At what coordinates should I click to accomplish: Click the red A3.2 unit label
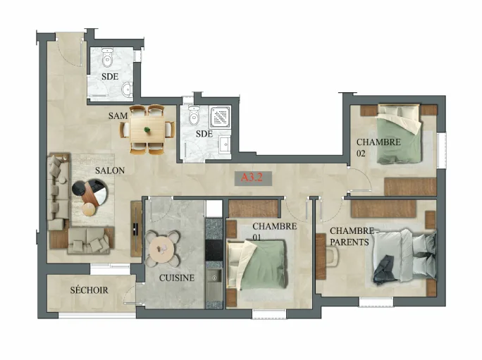(x=252, y=178)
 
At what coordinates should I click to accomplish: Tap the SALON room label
(x=110, y=170)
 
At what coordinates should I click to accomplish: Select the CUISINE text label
(x=177, y=278)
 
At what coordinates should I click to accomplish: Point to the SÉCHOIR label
(x=89, y=290)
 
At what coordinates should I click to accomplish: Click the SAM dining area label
(x=118, y=116)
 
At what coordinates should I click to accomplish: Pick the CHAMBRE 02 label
(x=378, y=147)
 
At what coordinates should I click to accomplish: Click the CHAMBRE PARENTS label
(x=352, y=237)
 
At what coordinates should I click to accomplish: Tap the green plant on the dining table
(x=147, y=130)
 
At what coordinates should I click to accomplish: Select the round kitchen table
(x=162, y=249)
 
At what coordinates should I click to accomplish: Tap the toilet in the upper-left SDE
(x=107, y=58)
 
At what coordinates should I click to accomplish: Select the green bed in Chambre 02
(x=400, y=135)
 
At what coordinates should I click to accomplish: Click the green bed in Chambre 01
(x=257, y=265)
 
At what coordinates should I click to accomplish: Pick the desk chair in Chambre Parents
(x=332, y=256)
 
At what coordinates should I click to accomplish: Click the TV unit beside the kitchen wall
(x=136, y=229)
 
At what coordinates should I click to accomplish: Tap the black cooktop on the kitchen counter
(x=214, y=250)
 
